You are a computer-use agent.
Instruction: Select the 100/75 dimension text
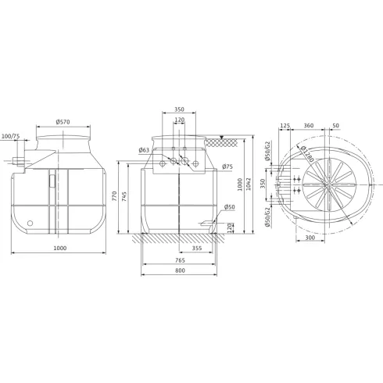(x=11, y=137)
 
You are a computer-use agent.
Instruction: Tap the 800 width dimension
(x=181, y=270)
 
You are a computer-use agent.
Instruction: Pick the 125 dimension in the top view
(x=285, y=125)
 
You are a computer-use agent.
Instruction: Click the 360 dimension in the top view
(x=310, y=125)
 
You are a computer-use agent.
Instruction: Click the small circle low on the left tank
(x=30, y=222)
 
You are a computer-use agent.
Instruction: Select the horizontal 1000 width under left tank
(x=59, y=248)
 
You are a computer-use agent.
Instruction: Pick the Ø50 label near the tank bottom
(x=229, y=207)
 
